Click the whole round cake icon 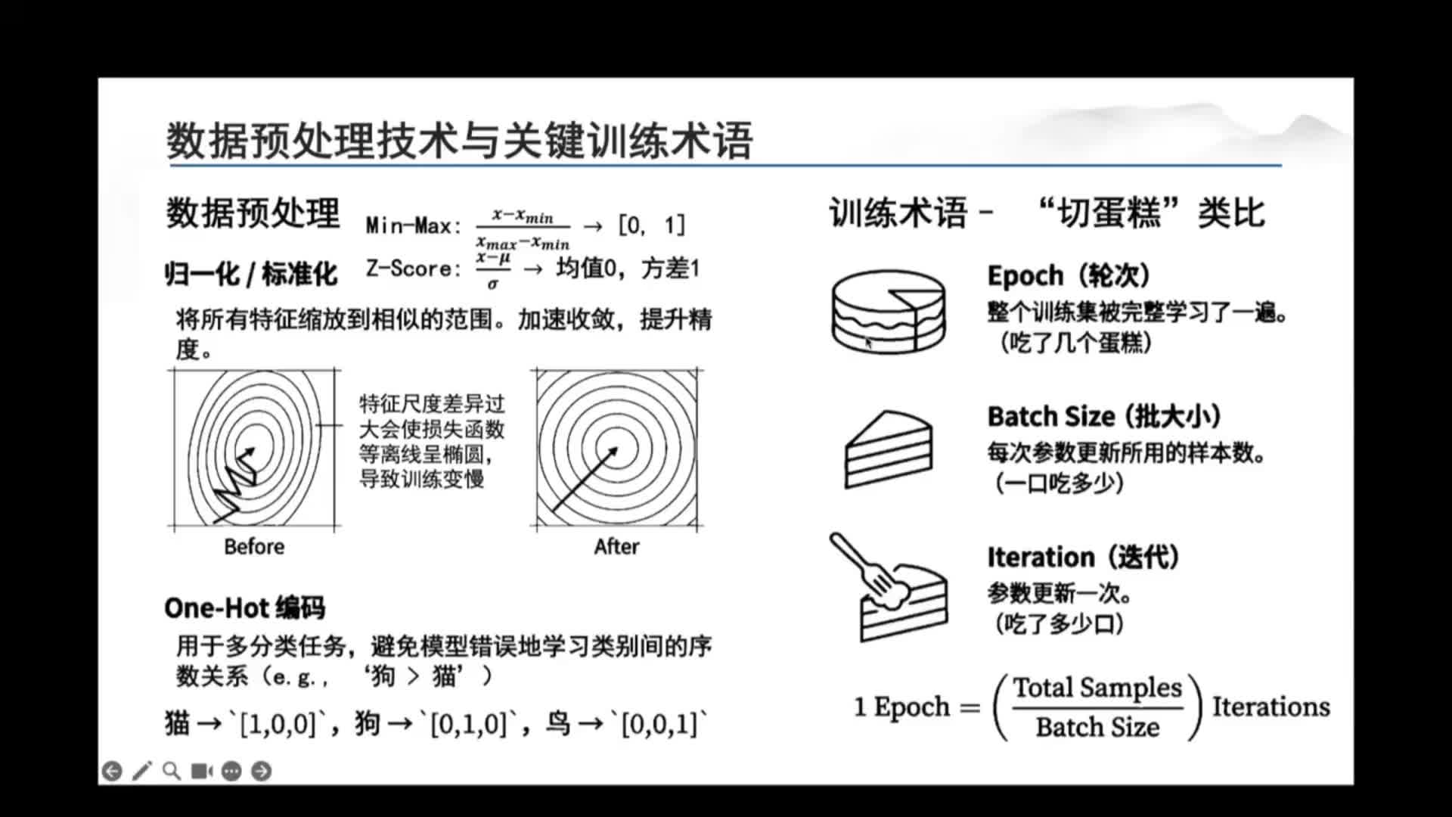[889, 312]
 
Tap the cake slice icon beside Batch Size [889, 449]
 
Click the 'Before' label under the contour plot [254, 546]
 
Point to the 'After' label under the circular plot [616, 546]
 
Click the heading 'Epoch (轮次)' [1069, 275]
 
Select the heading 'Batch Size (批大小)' [1104, 416]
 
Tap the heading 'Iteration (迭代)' [1083, 558]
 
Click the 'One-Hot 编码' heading [245, 607]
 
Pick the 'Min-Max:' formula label [413, 225]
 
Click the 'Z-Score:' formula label [413, 269]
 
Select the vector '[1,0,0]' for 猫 [278, 724]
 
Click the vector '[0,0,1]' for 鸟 [659, 724]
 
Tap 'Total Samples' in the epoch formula [1097, 688]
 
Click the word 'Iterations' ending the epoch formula [1271, 707]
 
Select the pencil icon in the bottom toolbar [141, 771]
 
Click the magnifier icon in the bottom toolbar [172, 771]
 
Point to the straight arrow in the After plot [585, 478]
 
